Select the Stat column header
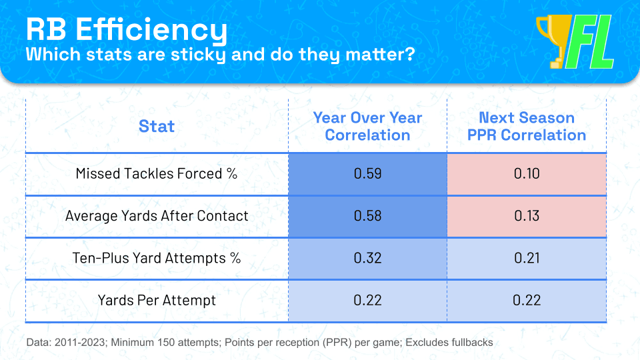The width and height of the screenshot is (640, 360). click(157, 126)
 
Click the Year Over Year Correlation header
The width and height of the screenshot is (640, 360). click(367, 126)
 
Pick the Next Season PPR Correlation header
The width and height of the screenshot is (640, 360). click(527, 126)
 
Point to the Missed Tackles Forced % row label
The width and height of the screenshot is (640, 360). click(157, 174)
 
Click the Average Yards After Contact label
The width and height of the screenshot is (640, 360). click(157, 216)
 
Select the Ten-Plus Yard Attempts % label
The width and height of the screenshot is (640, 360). click(157, 258)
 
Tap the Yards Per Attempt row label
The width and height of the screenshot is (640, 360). click(157, 300)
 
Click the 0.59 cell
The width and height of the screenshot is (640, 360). click(367, 174)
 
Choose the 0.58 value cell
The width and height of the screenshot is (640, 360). click(367, 216)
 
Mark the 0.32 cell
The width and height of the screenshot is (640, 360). click(367, 258)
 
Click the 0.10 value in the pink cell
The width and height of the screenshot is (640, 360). click(527, 174)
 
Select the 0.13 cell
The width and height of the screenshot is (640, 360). click(527, 216)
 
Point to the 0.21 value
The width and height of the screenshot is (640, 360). click(527, 258)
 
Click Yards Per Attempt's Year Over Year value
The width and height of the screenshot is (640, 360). click(367, 300)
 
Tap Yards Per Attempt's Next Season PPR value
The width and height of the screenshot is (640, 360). click(527, 300)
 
